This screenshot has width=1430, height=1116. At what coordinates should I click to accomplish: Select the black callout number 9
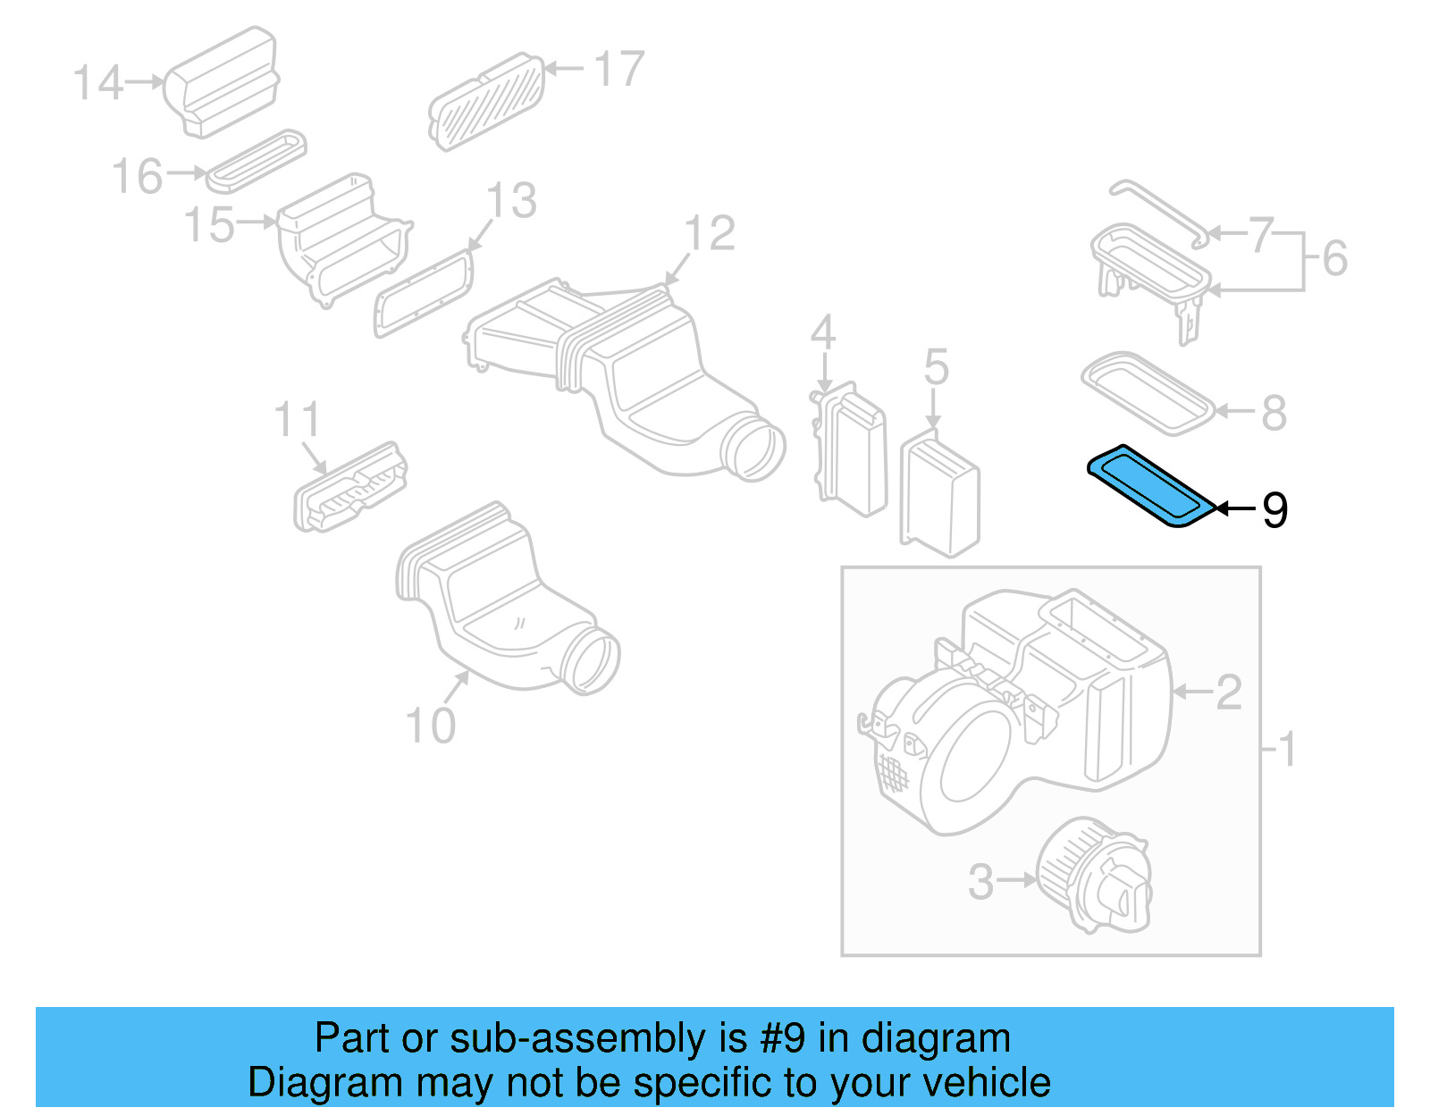tap(1274, 510)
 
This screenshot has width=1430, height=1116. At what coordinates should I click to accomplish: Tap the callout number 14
tap(97, 83)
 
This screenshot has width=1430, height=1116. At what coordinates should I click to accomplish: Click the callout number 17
tap(618, 69)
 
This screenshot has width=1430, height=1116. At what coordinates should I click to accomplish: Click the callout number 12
tap(710, 234)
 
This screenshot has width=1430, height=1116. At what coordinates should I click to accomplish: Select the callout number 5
tap(936, 367)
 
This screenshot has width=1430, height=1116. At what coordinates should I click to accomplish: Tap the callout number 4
tap(823, 332)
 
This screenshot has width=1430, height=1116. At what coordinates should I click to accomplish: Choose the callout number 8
tap(1274, 413)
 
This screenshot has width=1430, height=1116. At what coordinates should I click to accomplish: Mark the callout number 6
tap(1334, 258)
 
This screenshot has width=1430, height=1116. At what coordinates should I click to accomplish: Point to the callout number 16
tap(138, 176)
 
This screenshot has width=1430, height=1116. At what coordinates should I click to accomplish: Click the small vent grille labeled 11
tap(350, 487)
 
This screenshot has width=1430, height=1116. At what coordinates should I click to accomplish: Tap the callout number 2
tap(1229, 692)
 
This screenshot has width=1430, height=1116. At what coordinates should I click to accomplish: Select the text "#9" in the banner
tap(784, 1038)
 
